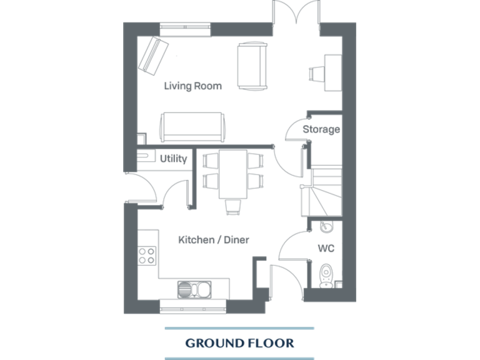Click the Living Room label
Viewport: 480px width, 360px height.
tap(192, 86)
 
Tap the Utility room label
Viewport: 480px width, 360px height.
tap(173, 159)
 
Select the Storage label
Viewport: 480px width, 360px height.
tap(321, 129)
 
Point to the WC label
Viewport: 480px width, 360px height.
tap(326, 248)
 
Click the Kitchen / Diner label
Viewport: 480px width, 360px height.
tap(214, 239)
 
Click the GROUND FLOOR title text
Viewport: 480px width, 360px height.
tap(239, 343)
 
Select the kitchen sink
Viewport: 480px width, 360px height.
tap(194, 289)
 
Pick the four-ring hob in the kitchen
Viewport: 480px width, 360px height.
tap(147, 255)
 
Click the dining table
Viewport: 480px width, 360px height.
tap(232, 173)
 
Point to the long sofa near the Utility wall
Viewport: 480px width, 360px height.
tap(192, 127)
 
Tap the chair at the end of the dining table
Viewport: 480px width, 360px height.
tap(232, 206)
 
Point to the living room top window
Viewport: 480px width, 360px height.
tap(185, 27)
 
